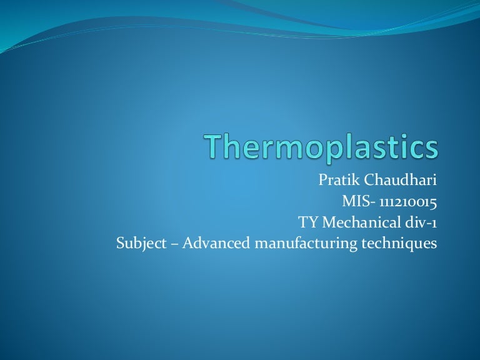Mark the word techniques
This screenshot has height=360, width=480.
tap(399, 243)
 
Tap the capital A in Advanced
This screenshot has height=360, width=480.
tap(188, 242)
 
